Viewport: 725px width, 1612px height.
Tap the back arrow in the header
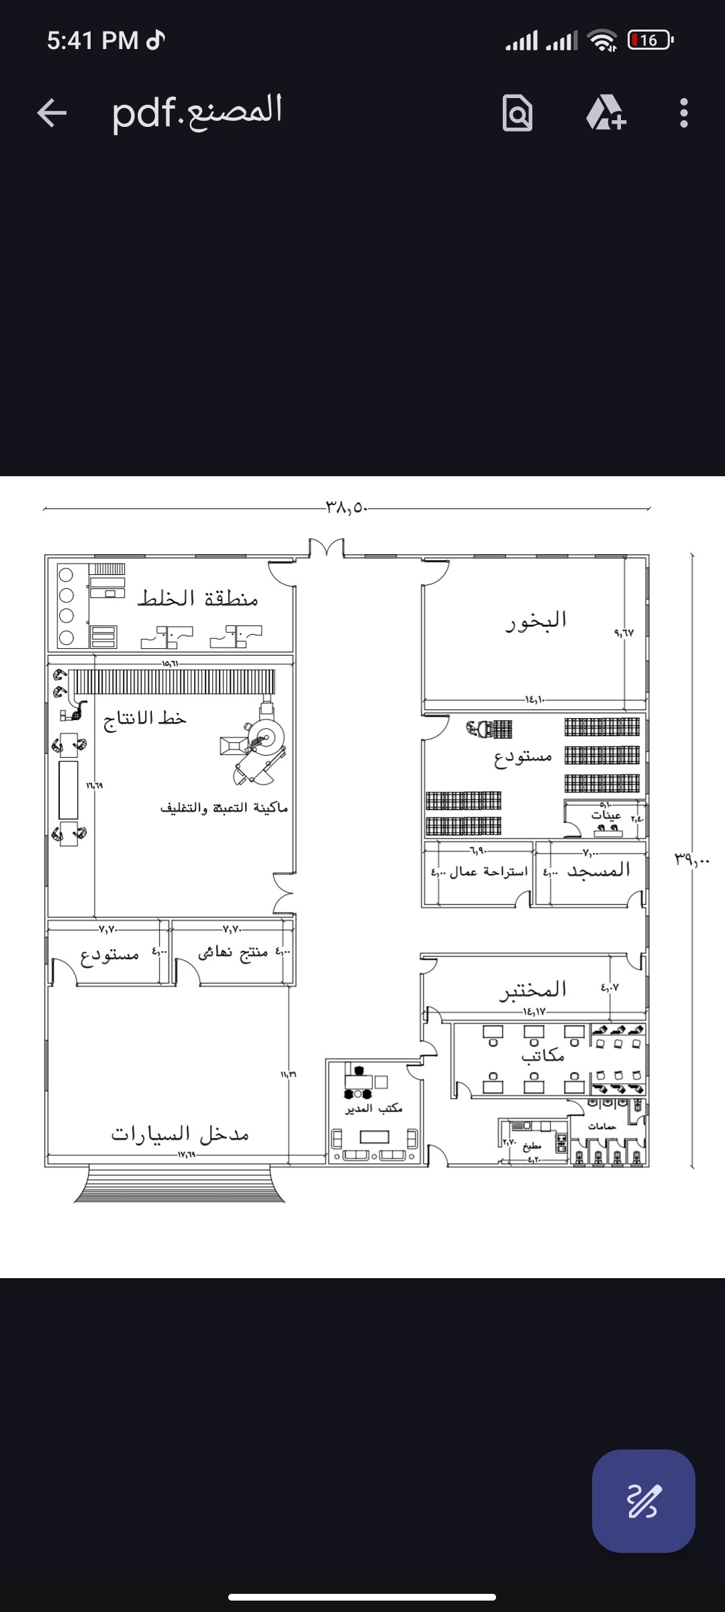click(x=52, y=112)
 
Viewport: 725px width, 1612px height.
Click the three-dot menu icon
click(x=683, y=113)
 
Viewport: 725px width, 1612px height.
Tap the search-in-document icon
click(x=518, y=113)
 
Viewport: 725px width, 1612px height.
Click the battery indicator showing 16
click(x=649, y=40)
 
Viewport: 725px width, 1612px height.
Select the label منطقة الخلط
click(x=198, y=598)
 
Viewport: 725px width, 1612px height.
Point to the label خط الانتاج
click(x=145, y=719)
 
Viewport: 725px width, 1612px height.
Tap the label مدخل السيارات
click(x=180, y=1134)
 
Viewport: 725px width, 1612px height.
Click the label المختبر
click(x=533, y=989)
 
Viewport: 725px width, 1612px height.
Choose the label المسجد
click(x=598, y=870)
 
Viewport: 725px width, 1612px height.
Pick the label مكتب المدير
click(x=374, y=1108)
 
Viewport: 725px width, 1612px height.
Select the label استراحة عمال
click(x=488, y=872)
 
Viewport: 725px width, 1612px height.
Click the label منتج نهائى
click(x=232, y=952)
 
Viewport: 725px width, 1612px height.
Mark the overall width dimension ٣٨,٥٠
click(x=347, y=507)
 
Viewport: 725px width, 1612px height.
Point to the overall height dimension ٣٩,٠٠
click(x=692, y=859)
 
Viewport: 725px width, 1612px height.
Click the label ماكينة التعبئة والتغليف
click(x=224, y=807)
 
